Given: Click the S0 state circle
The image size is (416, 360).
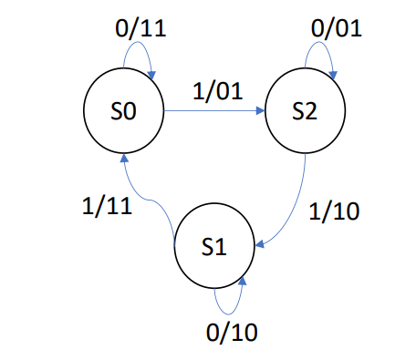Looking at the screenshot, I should point(123,113).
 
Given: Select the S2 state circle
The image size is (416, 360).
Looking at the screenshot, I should point(305,113).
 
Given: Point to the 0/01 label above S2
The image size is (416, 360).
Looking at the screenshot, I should point(336,28).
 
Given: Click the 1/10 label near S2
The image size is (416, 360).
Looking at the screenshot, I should point(335,211).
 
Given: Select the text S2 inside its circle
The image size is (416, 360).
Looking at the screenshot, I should point(305,113).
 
